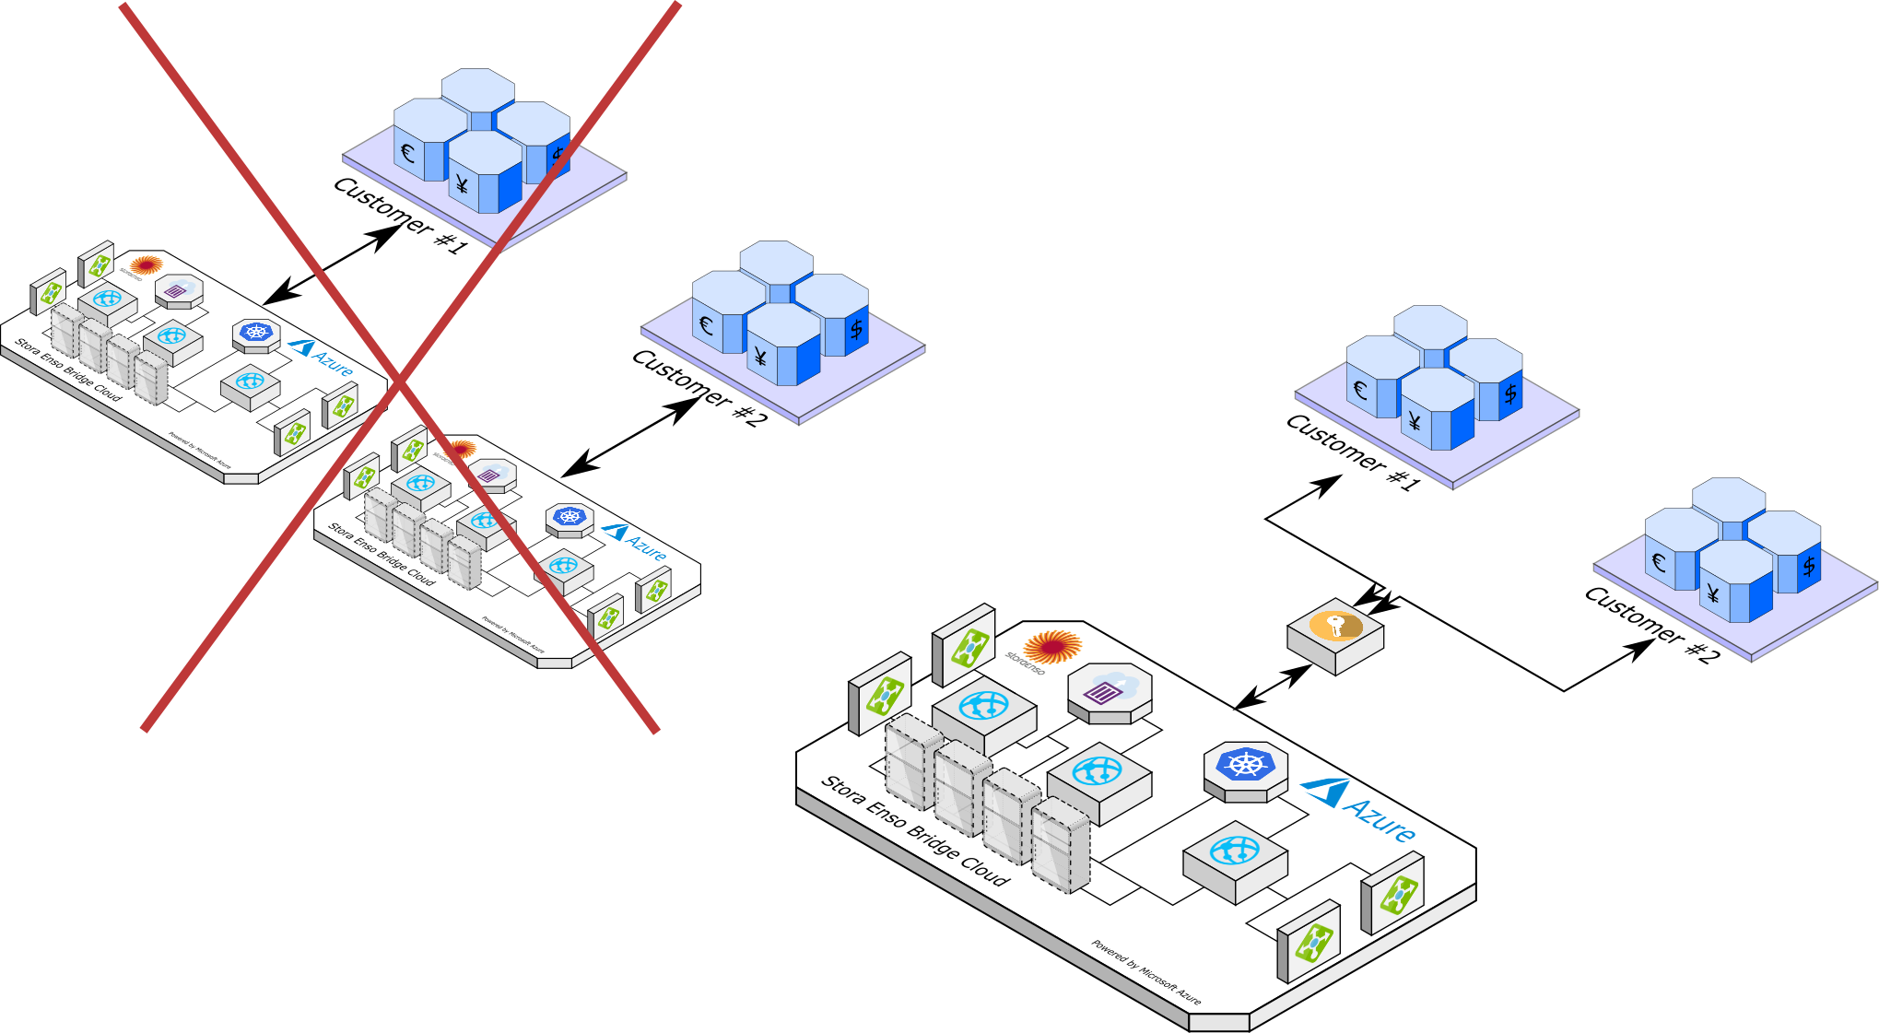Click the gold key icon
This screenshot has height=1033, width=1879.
coord(1335,627)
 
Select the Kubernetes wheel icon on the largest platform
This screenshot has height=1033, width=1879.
coord(1245,765)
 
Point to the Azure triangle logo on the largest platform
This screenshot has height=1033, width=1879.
coord(1326,792)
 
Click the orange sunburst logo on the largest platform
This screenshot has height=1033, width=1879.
coord(1051,646)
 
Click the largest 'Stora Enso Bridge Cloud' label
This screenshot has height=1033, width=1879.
coord(915,830)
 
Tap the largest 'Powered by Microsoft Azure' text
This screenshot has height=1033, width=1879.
coord(1146,972)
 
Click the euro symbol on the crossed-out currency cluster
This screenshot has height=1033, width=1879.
coord(407,153)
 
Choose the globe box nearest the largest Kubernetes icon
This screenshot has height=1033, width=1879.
coord(1234,852)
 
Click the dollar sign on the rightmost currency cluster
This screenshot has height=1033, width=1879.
coord(1808,566)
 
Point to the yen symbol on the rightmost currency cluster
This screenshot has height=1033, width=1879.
coord(1712,593)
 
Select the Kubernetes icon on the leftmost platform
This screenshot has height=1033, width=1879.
coord(255,332)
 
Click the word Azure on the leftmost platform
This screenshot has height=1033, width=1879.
coord(333,363)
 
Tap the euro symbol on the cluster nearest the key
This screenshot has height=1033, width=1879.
coord(1359,390)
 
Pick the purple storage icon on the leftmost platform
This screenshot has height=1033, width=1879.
coord(175,290)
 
